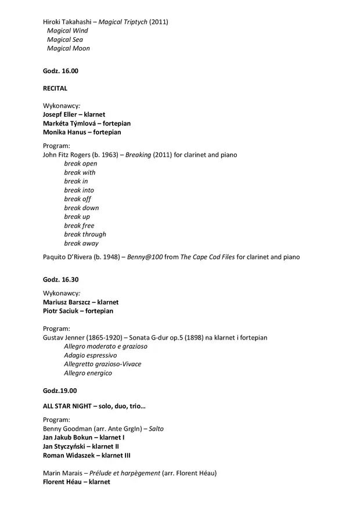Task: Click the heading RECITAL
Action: tap(55, 88)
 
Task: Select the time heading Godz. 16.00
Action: tap(60, 71)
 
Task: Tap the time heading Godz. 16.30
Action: tap(60, 279)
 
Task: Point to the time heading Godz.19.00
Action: tap(59, 391)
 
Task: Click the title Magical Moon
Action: tap(69, 48)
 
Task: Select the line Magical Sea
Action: tap(65, 39)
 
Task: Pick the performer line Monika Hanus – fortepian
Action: tap(82, 132)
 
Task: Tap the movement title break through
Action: tap(85, 234)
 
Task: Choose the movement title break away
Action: tap(81, 243)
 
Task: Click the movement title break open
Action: tap(81, 164)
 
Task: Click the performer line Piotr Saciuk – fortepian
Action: tap(78, 311)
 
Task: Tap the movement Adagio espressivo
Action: tap(91, 355)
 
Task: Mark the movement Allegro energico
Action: tap(88, 373)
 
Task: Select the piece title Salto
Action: tap(156, 429)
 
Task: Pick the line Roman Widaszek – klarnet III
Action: tap(87, 456)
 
